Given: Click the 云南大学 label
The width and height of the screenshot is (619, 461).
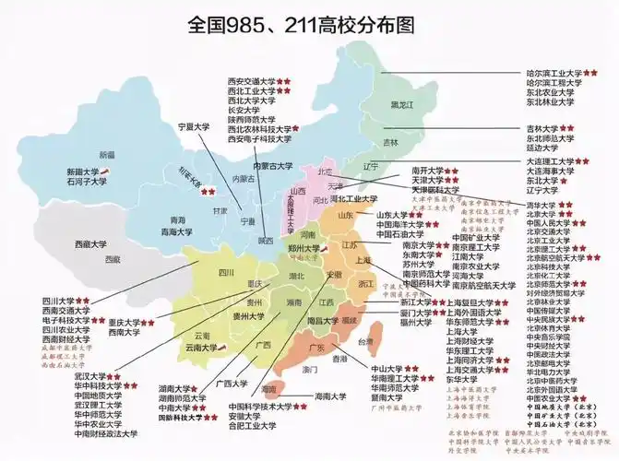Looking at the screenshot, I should click(205, 348).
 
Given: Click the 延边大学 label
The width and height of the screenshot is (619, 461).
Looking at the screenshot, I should click(543, 148).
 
